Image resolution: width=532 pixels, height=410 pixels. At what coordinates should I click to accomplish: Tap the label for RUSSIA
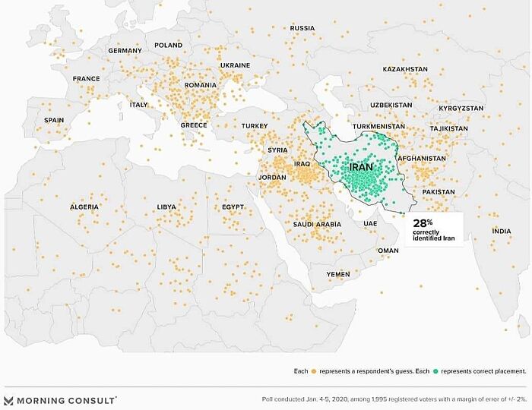pyautogui.click(x=302, y=28)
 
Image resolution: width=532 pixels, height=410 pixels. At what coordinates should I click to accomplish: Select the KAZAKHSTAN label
pyautogui.click(x=405, y=69)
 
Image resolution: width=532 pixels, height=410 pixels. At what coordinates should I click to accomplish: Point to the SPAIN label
pyautogui.click(x=54, y=120)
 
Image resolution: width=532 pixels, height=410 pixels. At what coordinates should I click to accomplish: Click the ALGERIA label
pyautogui.click(x=84, y=207)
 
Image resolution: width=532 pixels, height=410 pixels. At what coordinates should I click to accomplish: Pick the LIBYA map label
pyautogui.click(x=166, y=207)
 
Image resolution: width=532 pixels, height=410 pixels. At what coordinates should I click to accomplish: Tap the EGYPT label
pyautogui.click(x=233, y=207)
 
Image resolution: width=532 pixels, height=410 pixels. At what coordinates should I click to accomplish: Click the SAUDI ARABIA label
pyautogui.click(x=317, y=224)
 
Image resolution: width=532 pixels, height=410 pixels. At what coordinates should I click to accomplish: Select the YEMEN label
pyautogui.click(x=338, y=273)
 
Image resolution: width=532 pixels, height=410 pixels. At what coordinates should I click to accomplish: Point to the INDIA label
pyautogui.click(x=502, y=231)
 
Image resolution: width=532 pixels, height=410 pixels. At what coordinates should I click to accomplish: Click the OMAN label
pyautogui.click(x=388, y=251)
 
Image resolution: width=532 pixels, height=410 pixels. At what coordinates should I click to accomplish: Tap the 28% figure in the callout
pyautogui.click(x=423, y=223)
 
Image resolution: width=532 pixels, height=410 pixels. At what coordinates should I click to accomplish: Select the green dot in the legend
pyautogui.click(x=435, y=371)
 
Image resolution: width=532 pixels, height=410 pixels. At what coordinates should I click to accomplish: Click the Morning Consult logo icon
pyautogui.click(x=9, y=400)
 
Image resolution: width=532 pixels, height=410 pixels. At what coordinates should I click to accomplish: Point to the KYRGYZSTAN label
pyautogui.click(x=461, y=109)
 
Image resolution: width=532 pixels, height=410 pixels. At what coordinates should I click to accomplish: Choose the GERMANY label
pyautogui.click(x=125, y=51)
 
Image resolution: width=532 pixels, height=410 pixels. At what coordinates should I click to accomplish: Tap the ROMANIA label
pyautogui.click(x=201, y=84)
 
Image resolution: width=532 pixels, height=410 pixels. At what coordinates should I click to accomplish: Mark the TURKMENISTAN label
pyautogui.click(x=379, y=126)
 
